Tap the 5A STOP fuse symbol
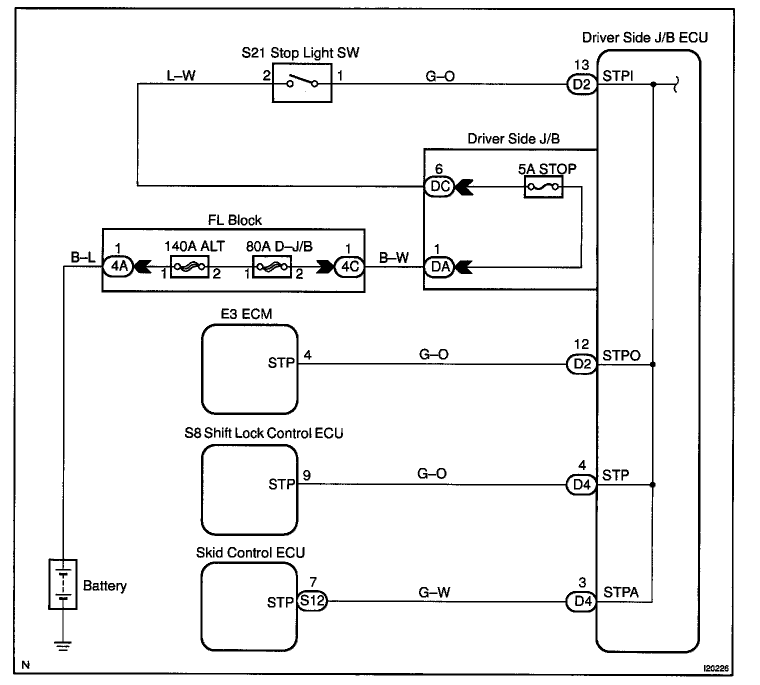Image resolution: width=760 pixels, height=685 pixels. [x=543, y=188]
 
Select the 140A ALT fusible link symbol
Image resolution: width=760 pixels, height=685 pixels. [x=189, y=267]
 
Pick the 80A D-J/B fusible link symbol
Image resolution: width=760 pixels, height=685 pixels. [x=271, y=267]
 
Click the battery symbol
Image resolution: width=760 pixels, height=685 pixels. [x=62, y=584]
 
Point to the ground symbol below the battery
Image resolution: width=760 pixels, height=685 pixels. [x=62, y=646]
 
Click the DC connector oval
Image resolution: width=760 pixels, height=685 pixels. [x=439, y=187]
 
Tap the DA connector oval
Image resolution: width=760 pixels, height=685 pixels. [x=439, y=267]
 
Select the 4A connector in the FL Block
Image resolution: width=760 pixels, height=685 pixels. [x=118, y=267]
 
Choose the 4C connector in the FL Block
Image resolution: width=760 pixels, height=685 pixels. [x=349, y=267]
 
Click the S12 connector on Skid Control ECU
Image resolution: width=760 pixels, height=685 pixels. [x=312, y=601]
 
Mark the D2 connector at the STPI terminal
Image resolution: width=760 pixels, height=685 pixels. [x=581, y=84]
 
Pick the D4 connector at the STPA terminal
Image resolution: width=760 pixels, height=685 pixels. [x=581, y=601]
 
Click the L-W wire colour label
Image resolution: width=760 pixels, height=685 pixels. [x=181, y=76]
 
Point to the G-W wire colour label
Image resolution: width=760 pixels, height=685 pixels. [x=434, y=593]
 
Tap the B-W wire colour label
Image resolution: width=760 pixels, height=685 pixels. [x=394, y=258]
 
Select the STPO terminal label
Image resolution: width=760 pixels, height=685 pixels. [x=621, y=355]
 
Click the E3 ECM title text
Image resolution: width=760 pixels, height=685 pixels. [x=246, y=314]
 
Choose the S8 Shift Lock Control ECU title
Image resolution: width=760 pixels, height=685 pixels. [x=263, y=433]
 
